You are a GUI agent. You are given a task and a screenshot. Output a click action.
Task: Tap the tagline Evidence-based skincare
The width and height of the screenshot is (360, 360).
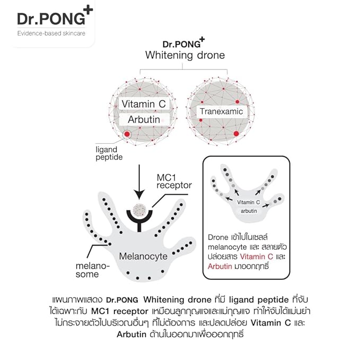pos(51,34)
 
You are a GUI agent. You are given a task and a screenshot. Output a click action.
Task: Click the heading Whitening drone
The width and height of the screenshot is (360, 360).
pos(185,55)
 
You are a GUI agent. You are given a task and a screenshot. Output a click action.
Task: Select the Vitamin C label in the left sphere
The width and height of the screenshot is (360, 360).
pos(144,104)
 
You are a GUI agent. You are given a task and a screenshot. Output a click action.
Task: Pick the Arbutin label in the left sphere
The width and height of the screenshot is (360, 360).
pos(144,120)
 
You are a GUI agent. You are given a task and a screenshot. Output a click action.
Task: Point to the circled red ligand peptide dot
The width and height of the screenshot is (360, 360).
pos(126,135)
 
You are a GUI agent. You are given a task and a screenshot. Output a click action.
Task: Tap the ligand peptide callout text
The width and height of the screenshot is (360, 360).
pos(110,154)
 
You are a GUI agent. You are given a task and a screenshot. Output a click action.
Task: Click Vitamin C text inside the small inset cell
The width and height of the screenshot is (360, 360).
pos(248,202)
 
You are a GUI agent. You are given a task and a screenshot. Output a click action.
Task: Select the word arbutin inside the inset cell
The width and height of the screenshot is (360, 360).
pos(249,211)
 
